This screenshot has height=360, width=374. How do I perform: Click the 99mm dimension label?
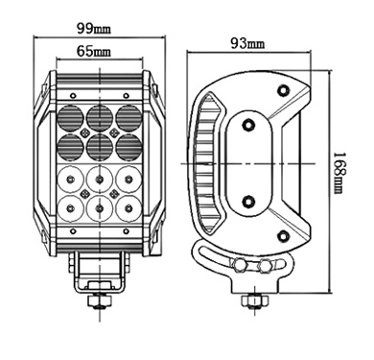93,29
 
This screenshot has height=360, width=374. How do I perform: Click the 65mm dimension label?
93,51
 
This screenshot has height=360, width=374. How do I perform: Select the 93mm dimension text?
247,43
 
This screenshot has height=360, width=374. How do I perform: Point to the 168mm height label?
339,173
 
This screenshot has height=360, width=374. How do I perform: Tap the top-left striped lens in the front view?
71,117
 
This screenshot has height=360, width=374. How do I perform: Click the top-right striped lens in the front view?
129,117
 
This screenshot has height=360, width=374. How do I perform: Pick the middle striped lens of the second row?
100,146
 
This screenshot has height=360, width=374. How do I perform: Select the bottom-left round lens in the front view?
71,208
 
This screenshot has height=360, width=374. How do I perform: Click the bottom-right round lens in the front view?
129,208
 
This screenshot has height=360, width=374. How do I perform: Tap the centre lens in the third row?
100,179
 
